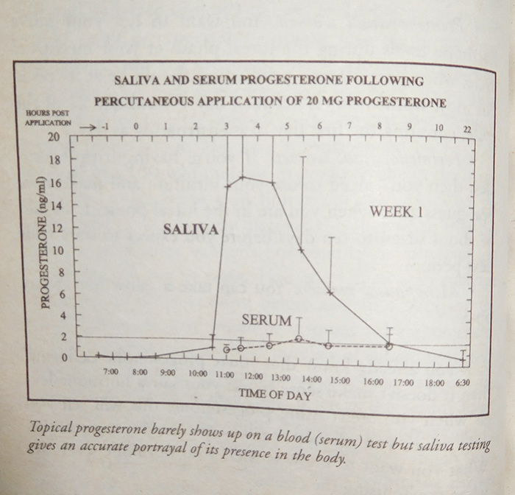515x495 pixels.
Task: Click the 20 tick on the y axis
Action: click(x=54, y=137)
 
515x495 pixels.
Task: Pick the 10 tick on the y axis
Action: click(x=54, y=250)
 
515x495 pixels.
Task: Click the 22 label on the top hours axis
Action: click(x=466, y=130)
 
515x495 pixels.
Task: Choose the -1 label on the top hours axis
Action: click(x=105, y=127)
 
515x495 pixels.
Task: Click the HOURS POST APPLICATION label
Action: click(x=49, y=119)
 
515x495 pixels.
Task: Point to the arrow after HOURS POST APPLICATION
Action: click(x=88, y=127)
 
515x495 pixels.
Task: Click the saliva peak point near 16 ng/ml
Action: click(x=243, y=178)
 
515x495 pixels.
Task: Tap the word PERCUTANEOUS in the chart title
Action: click(x=143, y=101)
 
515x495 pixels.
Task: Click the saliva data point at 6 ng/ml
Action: click(x=330, y=293)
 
